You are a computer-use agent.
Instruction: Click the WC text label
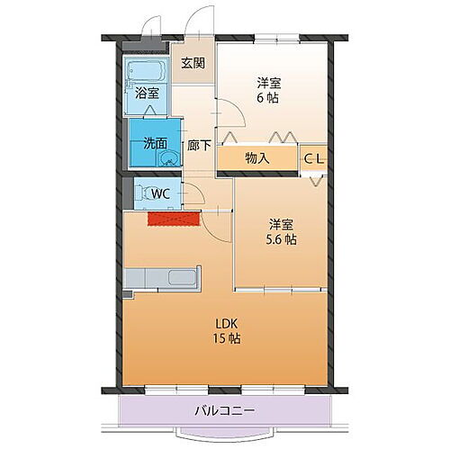(x=162, y=193)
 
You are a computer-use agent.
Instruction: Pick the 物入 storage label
(x=256, y=158)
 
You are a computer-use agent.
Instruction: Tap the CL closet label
(x=313, y=158)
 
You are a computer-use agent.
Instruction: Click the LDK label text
(x=226, y=323)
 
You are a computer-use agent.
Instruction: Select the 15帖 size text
(x=226, y=339)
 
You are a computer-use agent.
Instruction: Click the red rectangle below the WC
(x=173, y=219)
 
